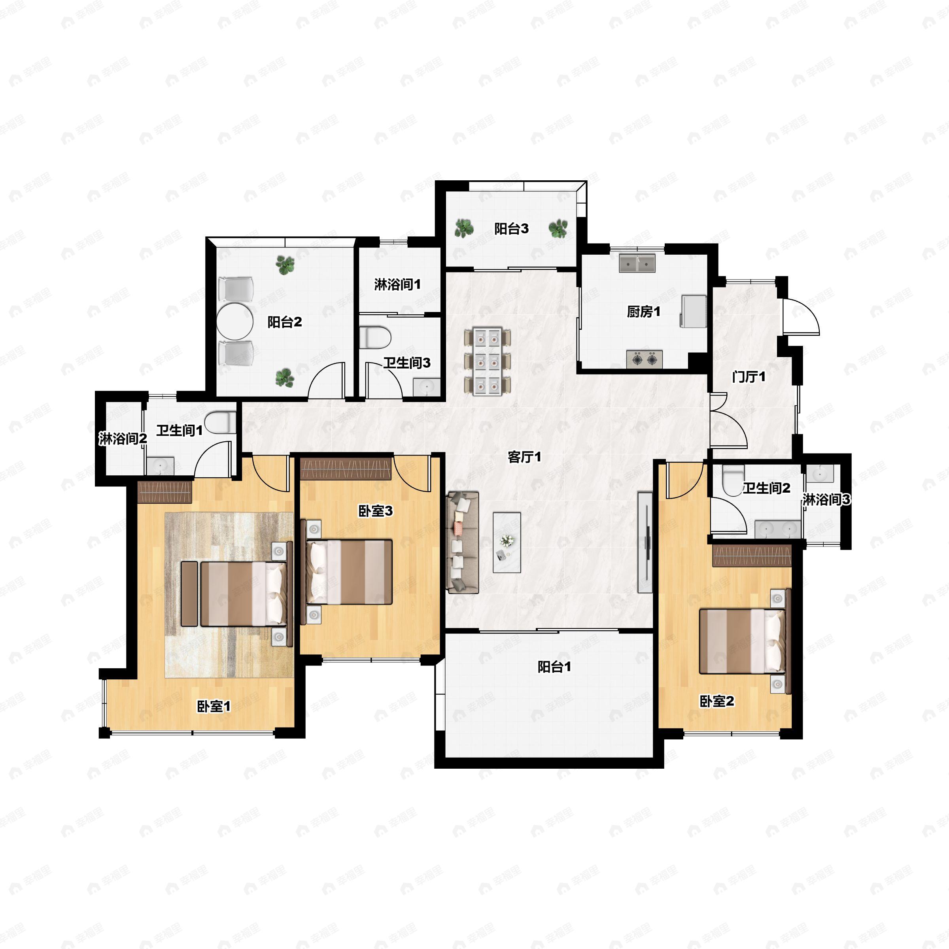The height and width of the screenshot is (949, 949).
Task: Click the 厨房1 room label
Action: tap(643, 312)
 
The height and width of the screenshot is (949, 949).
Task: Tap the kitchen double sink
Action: tap(637, 263)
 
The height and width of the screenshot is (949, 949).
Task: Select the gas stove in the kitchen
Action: tap(645, 359)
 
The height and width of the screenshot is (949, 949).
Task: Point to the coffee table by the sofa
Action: tap(507, 542)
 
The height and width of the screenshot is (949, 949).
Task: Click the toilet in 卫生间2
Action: tap(734, 480)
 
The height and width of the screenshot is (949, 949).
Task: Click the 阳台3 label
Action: tap(511, 229)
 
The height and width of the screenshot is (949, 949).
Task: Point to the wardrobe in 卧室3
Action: tap(346, 469)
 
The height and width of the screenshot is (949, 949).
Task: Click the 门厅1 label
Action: tap(748, 377)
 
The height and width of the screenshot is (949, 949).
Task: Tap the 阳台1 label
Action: tap(554, 667)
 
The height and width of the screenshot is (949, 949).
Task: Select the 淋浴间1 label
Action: tap(397, 284)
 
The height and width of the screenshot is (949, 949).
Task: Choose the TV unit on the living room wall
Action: tap(645, 542)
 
